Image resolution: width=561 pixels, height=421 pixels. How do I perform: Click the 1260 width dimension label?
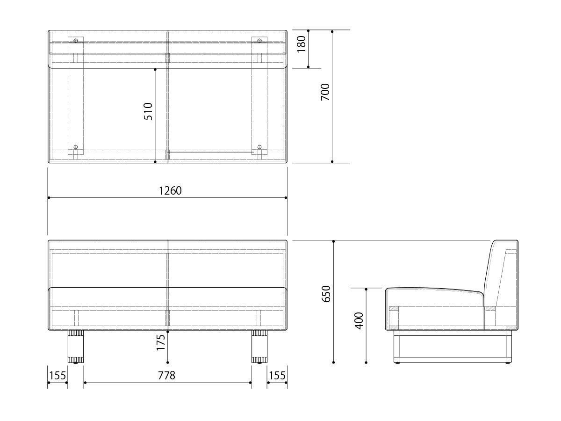pyautogui.click(x=170, y=191)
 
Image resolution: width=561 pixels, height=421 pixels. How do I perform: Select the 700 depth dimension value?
pyautogui.click(x=325, y=92)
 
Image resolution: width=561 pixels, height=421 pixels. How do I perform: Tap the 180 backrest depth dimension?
pyautogui.click(x=302, y=44)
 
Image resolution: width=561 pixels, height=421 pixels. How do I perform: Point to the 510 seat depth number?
pyautogui.click(x=148, y=111)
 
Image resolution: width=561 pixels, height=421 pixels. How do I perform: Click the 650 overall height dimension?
pyautogui.click(x=326, y=293)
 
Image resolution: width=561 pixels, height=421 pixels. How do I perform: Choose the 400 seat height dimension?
pyautogui.click(x=359, y=320)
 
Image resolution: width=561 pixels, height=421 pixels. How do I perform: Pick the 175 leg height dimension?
pyautogui.click(x=161, y=342)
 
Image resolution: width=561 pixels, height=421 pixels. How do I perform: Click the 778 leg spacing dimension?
pyautogui.click(x=166, y=375)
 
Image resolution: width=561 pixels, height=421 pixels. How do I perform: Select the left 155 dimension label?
pyautogui.click(x=57, y=375)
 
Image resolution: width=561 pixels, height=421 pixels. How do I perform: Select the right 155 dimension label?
pyautogui.click(x=277, y=375)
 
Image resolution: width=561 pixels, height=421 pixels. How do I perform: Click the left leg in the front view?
pyautogui.click(x=75, y=347)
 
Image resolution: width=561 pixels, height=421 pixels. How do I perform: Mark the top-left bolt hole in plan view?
pyautogui.click(x=76, y=41)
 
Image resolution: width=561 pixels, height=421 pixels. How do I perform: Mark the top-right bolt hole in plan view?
pyautogui.click(x=259, y=41)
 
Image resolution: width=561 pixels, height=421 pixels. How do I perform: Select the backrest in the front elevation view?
pyautogui.click(x=167, y=264)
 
